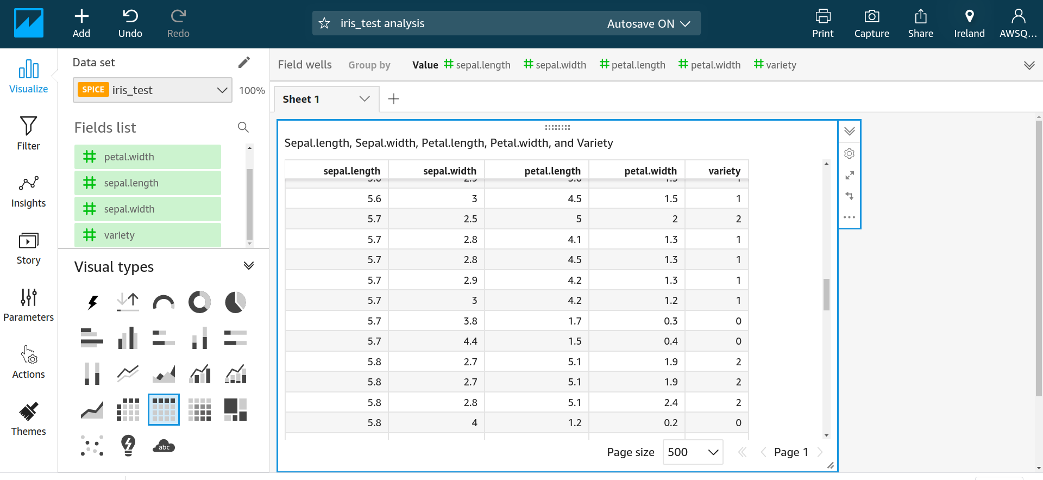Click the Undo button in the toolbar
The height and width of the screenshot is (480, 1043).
(130, 24)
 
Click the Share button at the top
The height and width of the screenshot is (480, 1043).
(920, 24)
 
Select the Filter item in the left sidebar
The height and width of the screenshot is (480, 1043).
(28, 133)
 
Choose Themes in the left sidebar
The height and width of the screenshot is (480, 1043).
(28, 419)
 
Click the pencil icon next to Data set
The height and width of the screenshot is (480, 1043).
(244, 63)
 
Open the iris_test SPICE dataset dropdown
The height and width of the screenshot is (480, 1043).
(153, 90)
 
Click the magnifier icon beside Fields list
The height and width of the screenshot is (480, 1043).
(243, 127)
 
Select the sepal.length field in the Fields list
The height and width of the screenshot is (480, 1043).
(147, 183)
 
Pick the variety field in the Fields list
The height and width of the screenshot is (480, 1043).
(147, 235)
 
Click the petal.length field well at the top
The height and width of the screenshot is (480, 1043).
(632, 65)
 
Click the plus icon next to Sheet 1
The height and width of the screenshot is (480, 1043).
(394, 99)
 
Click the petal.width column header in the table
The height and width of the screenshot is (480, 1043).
(650, 171)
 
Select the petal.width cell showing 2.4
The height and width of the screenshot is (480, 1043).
(670, 403)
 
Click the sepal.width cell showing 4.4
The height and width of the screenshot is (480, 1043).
(470, 341)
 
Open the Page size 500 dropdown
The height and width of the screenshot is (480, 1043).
(693, 452)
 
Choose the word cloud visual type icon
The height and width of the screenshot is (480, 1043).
(164, 446)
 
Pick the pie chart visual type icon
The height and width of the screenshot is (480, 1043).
(235, 302)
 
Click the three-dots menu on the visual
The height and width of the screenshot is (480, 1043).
(849, 217)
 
